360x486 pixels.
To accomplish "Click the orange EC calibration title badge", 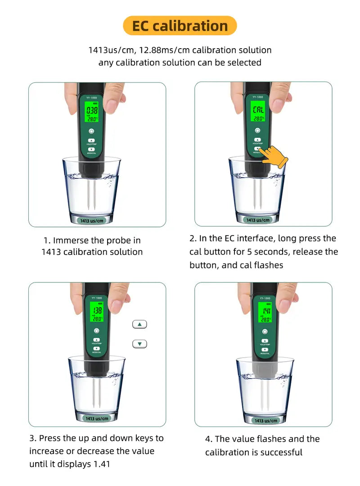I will (180, 26).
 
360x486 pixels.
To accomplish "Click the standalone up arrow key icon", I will (140, 324).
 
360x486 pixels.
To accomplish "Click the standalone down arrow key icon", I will (140, 344).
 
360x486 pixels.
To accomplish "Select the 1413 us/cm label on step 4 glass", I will (265, 420).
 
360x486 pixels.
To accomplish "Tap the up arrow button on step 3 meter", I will (96, 340).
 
